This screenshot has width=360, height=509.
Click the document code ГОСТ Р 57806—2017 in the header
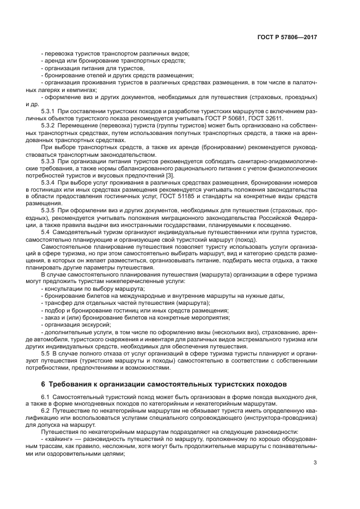click(x=288, y=38)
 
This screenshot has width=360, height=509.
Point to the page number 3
click(x=315, y=463)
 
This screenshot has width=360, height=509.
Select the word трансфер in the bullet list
click(x=58, y=302)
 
